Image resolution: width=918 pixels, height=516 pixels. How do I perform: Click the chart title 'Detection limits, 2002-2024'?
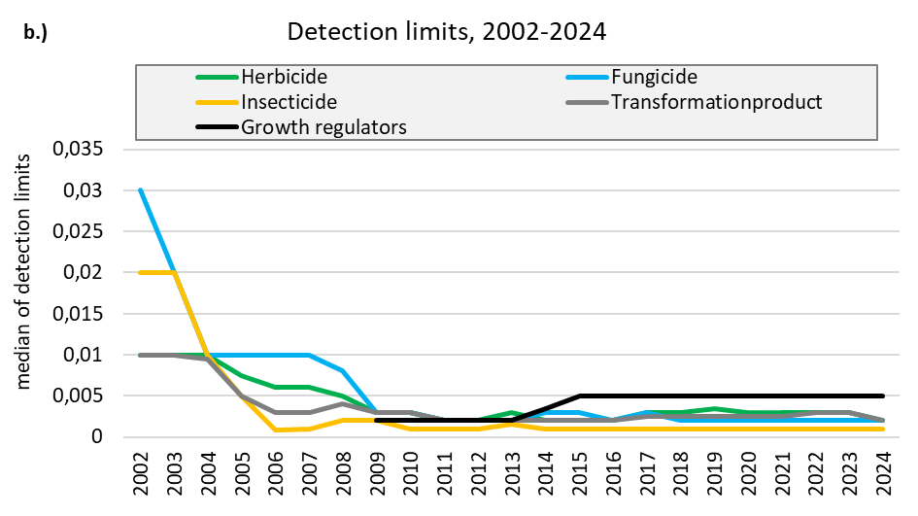(x=447, y=32)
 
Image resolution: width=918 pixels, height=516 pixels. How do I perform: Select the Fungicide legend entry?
(x=654, y=77)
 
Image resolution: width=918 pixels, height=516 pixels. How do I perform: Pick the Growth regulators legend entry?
(x=323, y=126)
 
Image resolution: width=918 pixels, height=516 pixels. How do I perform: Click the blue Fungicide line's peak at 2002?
(x=143, y=190)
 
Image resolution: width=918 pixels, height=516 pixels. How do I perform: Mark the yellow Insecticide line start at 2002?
(x=143, y=272)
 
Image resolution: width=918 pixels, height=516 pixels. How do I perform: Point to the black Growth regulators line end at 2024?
(x=880, y=396)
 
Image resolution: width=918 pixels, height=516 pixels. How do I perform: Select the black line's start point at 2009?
(x=377, y=420)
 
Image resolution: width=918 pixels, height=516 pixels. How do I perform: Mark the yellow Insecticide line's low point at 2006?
(x=277, y=430)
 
